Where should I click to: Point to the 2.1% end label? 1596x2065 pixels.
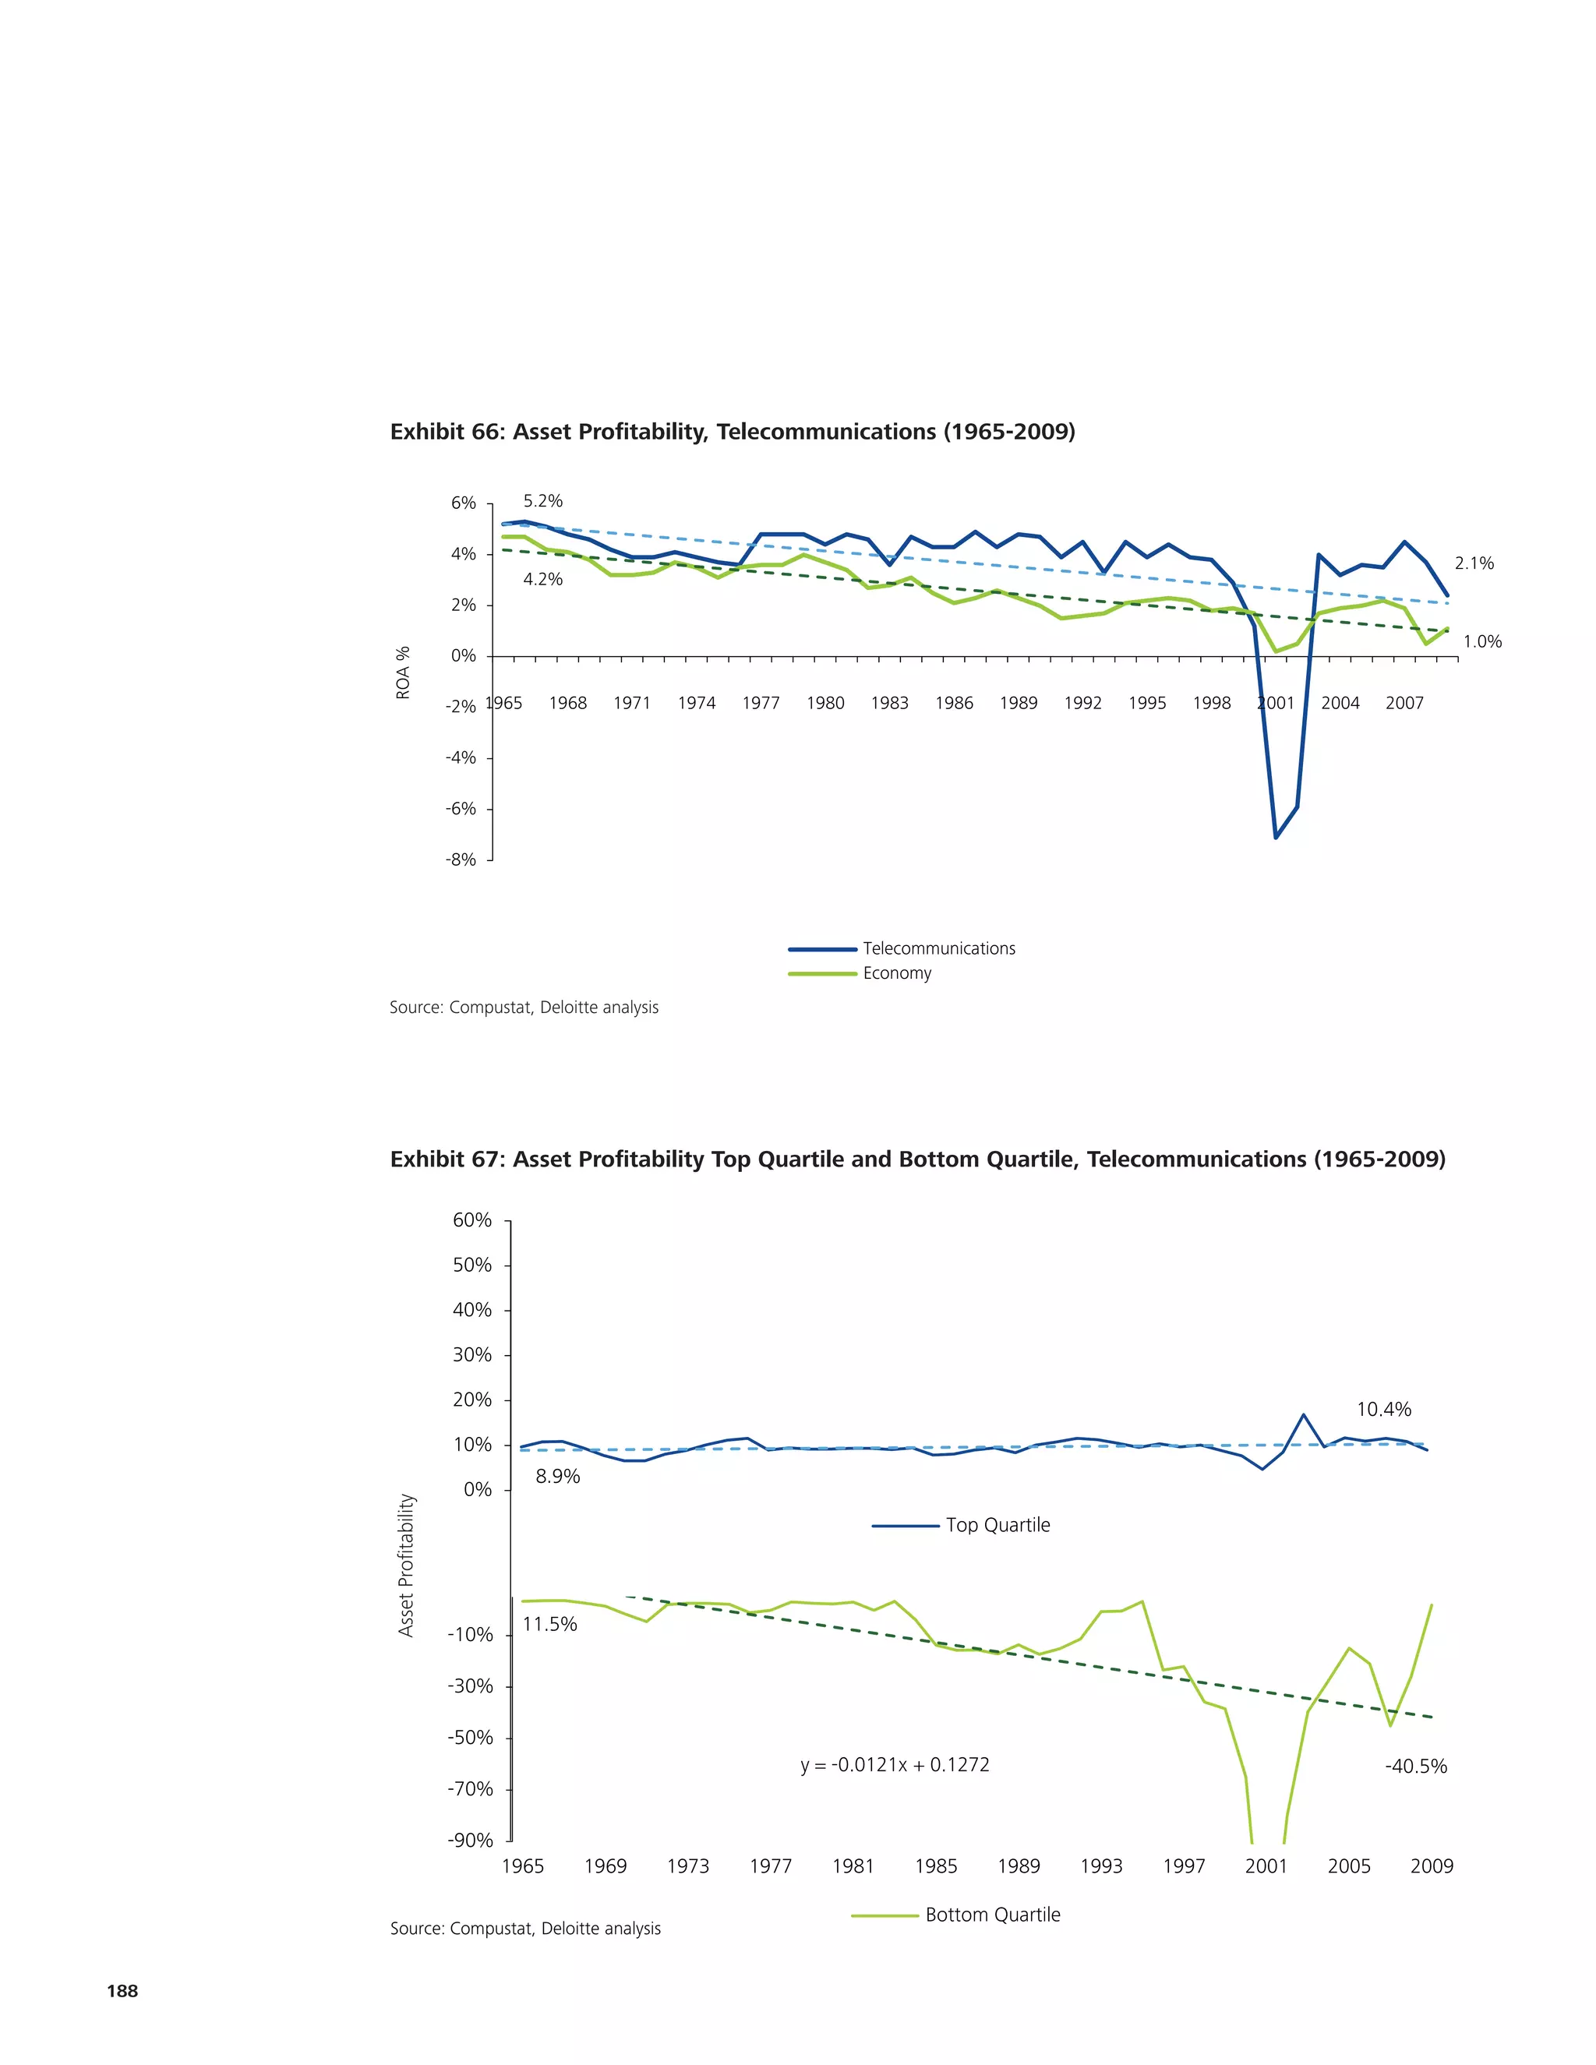pyautogui.click(x=1474, y=563)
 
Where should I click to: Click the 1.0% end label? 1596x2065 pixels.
pyautogui.click(x=1481, y=642)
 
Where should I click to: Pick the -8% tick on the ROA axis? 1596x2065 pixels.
pyautogui.click(x=461, y=860)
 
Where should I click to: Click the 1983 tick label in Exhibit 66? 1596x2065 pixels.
pyautogui.click(x=888, y=703)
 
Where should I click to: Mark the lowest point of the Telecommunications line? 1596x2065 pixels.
pyautogui.click(x=1276, y=838)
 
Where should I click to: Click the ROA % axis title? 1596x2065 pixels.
pyautogui.click(x=404, y=672)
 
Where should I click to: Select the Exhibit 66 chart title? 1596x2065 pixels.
pyautogui.click(x=732, y=432)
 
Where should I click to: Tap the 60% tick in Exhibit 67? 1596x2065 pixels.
pyautogui.click(x=471, y=1220)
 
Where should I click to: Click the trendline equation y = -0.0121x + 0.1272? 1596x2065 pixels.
pyautogui.click(x=895, y=1764)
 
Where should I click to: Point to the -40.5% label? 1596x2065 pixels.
pyautogui.click(x=1415, y=1767)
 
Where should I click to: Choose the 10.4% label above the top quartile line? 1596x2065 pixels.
pyautogui.click(x=1383, y=1410)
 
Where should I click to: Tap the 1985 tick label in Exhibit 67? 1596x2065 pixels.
pyautogui.click(x=935, y=1866)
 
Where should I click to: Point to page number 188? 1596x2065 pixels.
pyautogui.click(x=123, y=1990)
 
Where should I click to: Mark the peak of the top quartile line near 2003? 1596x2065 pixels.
pyautogui.click(x=1304, y=1414)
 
